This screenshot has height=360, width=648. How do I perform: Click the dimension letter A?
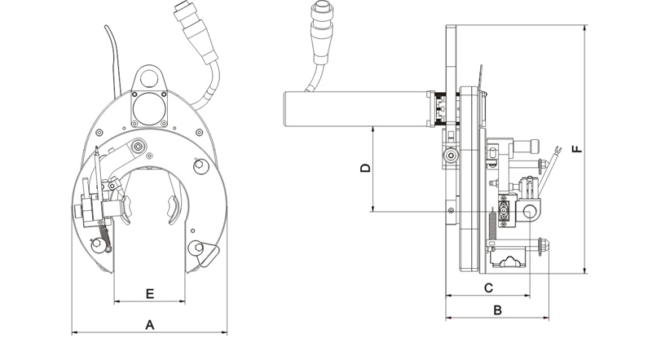click(x=149, y=324)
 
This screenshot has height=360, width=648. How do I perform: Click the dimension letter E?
click(x=149, y=292)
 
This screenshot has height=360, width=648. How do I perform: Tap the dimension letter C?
click(x=489, y=288)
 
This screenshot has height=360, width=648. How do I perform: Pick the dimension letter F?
click(x=576, y=149)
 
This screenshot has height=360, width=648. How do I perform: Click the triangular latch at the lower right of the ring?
click(x=205, y=255)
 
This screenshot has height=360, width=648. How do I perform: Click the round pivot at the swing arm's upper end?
click(x=139, y=147)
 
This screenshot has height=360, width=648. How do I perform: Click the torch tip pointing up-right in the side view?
click(x=557, y=151)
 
